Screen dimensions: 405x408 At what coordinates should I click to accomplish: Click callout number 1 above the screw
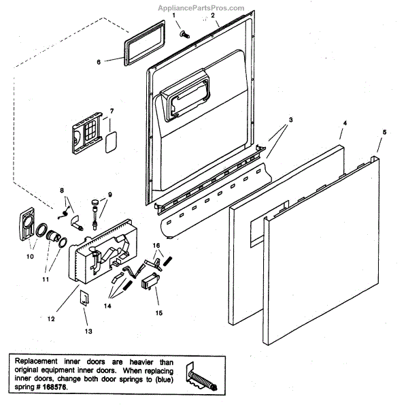coord(173,15)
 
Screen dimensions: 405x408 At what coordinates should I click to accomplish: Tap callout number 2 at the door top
coord(213,15)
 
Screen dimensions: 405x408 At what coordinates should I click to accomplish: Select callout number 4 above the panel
coord(344,124)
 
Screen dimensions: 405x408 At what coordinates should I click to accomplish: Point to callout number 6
coord(99,62)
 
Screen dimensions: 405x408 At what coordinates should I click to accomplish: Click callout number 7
coord(112,110)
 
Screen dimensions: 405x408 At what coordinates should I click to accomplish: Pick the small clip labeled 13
coord(86,295)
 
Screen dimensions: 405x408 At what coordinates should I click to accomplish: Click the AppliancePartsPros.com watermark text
coord(354,7)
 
